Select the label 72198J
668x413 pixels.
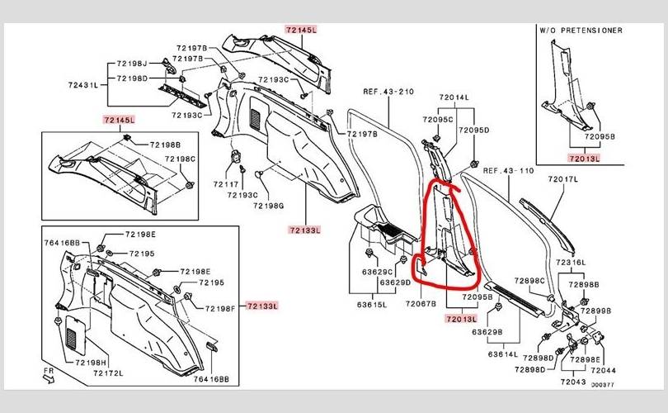coord(132,64)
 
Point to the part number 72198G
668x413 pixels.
coord(267,205)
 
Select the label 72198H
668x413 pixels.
coord(87,363)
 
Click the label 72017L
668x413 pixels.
coord(564,179)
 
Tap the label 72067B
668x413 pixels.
coord(421,305)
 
